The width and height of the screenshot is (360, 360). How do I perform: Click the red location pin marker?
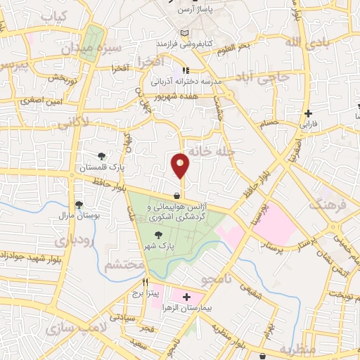[x=181, y=165]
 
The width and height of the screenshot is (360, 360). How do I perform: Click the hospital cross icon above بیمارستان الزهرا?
[x=186, y=298]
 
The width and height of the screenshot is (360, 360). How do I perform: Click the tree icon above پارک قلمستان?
[x=103, y=157]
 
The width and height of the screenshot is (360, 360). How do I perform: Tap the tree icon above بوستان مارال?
[x=79, y=205]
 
